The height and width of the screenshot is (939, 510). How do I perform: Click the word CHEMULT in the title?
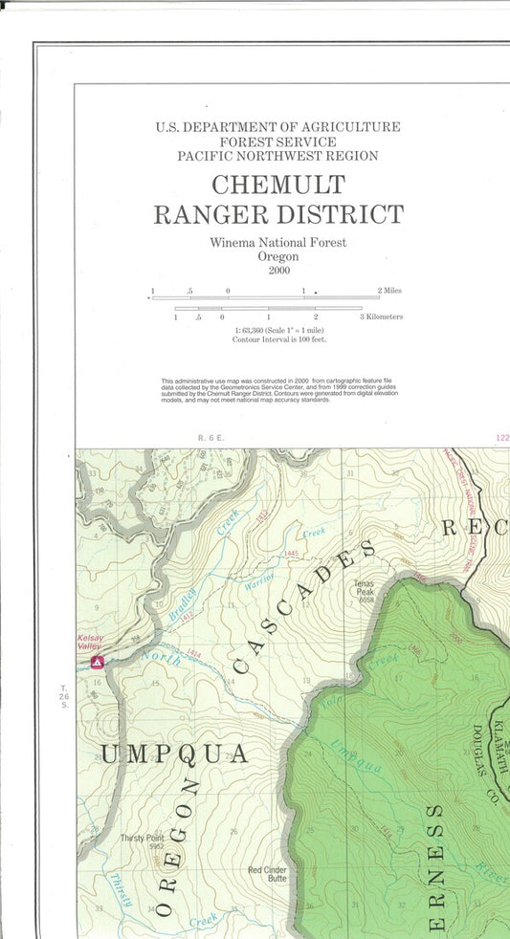(x=277, y=184)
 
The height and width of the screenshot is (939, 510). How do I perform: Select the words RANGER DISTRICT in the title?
(x=277, y=214)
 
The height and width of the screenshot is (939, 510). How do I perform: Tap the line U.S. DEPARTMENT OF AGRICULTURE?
(x=277, y=126)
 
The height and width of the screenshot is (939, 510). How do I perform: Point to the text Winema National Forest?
(x=277, y=243)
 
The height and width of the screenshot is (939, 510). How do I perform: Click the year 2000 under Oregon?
(x=277, y=271)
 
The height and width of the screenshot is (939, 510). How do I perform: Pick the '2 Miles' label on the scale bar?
(x=388, y=290)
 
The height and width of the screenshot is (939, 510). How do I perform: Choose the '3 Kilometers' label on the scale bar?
(x=381, y=317)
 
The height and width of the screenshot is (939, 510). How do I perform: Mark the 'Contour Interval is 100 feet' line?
(x=278, y=339)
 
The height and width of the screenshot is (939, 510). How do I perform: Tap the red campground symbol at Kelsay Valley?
(x=96, y=662)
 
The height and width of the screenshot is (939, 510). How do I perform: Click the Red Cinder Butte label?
(x=267, y=875)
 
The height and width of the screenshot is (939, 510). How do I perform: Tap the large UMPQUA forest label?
(x=174, y=754)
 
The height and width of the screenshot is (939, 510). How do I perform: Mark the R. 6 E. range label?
(x=210, y=437)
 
